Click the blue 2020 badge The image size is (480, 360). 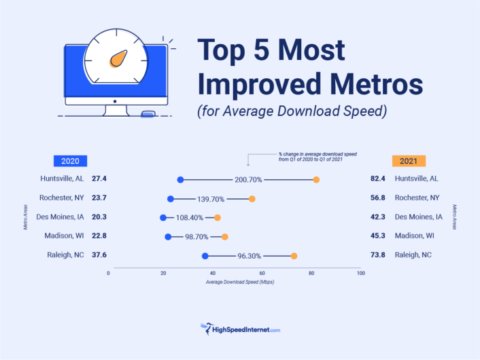70,161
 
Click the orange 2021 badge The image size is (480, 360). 409,161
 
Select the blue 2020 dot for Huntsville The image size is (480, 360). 180,179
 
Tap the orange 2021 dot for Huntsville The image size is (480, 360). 316,179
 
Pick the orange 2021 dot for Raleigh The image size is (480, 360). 294,255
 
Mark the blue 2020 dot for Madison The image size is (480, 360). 168,236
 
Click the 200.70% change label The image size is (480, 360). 248,179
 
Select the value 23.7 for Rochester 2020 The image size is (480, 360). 99,198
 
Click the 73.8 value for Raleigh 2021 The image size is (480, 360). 378,255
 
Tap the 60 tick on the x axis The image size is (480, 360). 260,273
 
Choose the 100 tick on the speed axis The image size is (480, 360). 360,273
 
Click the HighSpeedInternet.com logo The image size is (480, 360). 240,329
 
